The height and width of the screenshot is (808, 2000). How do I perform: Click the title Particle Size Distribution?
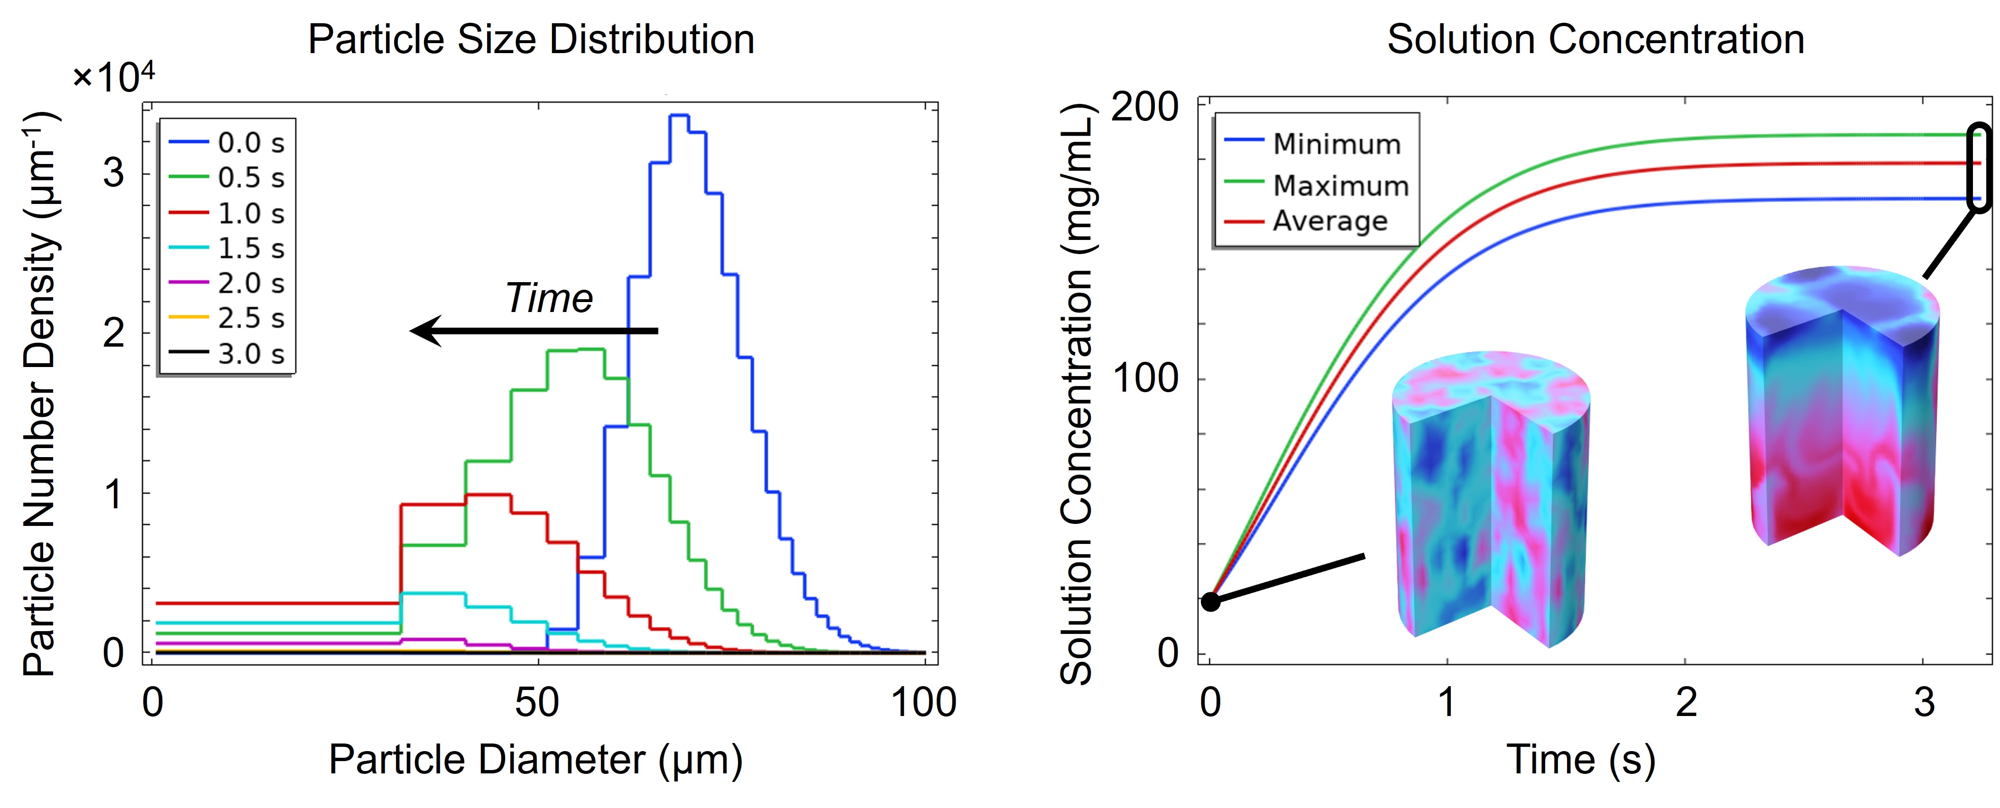pyautogui.click(x=531, y=39)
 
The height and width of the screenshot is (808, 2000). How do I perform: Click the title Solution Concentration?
pyautogui.click(x=1595, y=39)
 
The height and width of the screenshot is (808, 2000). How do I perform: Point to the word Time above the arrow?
pyautogui.click(x=549, y=298)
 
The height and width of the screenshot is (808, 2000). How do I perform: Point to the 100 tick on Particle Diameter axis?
pyautogui.click(x=923, y=702)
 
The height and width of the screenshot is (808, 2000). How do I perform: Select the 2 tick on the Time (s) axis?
pyautogui.click(x=1686, y=702)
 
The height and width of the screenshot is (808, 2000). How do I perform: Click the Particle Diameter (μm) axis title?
pyautogui.click(x=536, y=760)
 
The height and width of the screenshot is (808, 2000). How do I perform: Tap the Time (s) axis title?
pyautogui.click(x=1581, y=760)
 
